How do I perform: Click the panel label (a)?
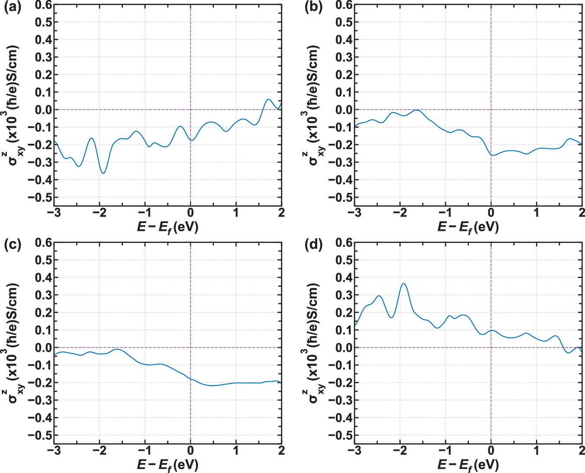tap(12, 7)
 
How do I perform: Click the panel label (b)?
tap(313, 7)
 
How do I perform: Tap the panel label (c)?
tap(12, 245)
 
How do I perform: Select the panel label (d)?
tap(313, 245)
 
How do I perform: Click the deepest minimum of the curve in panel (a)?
tap(103, 173)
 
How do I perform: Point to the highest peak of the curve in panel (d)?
tap(403, 284)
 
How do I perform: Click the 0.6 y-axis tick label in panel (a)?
tap(43, 5)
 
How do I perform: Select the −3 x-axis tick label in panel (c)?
tap(54, 450)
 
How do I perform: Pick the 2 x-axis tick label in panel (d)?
tap(581, 450)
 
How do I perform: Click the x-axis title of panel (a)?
tap(167, 227)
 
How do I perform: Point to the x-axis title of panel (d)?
tap(468, 465)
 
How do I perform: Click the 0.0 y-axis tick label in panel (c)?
tap(43, 347)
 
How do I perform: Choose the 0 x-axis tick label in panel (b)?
tap(491, 213)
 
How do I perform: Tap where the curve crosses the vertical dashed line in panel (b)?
tap(491, 155)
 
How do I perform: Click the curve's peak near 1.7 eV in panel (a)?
tap(268, 99)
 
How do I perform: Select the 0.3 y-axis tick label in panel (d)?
tap(344, 295)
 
